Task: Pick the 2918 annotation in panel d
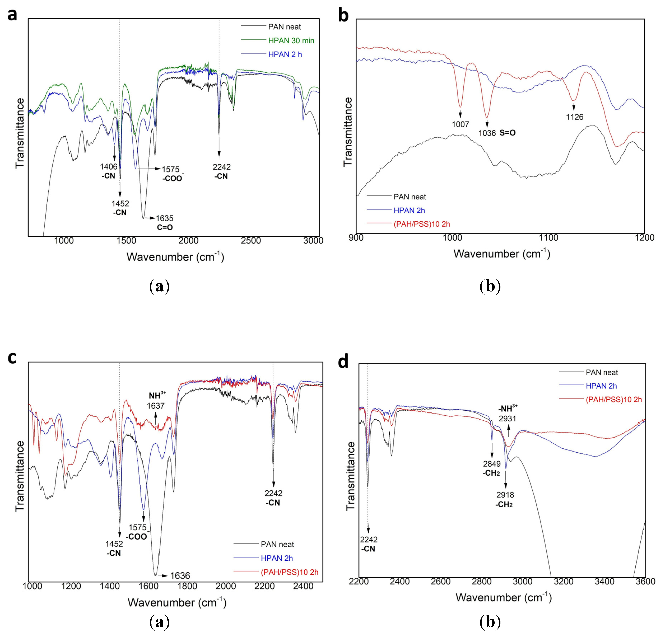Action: coord(505,495)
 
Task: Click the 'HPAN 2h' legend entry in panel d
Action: coord(601,386)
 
